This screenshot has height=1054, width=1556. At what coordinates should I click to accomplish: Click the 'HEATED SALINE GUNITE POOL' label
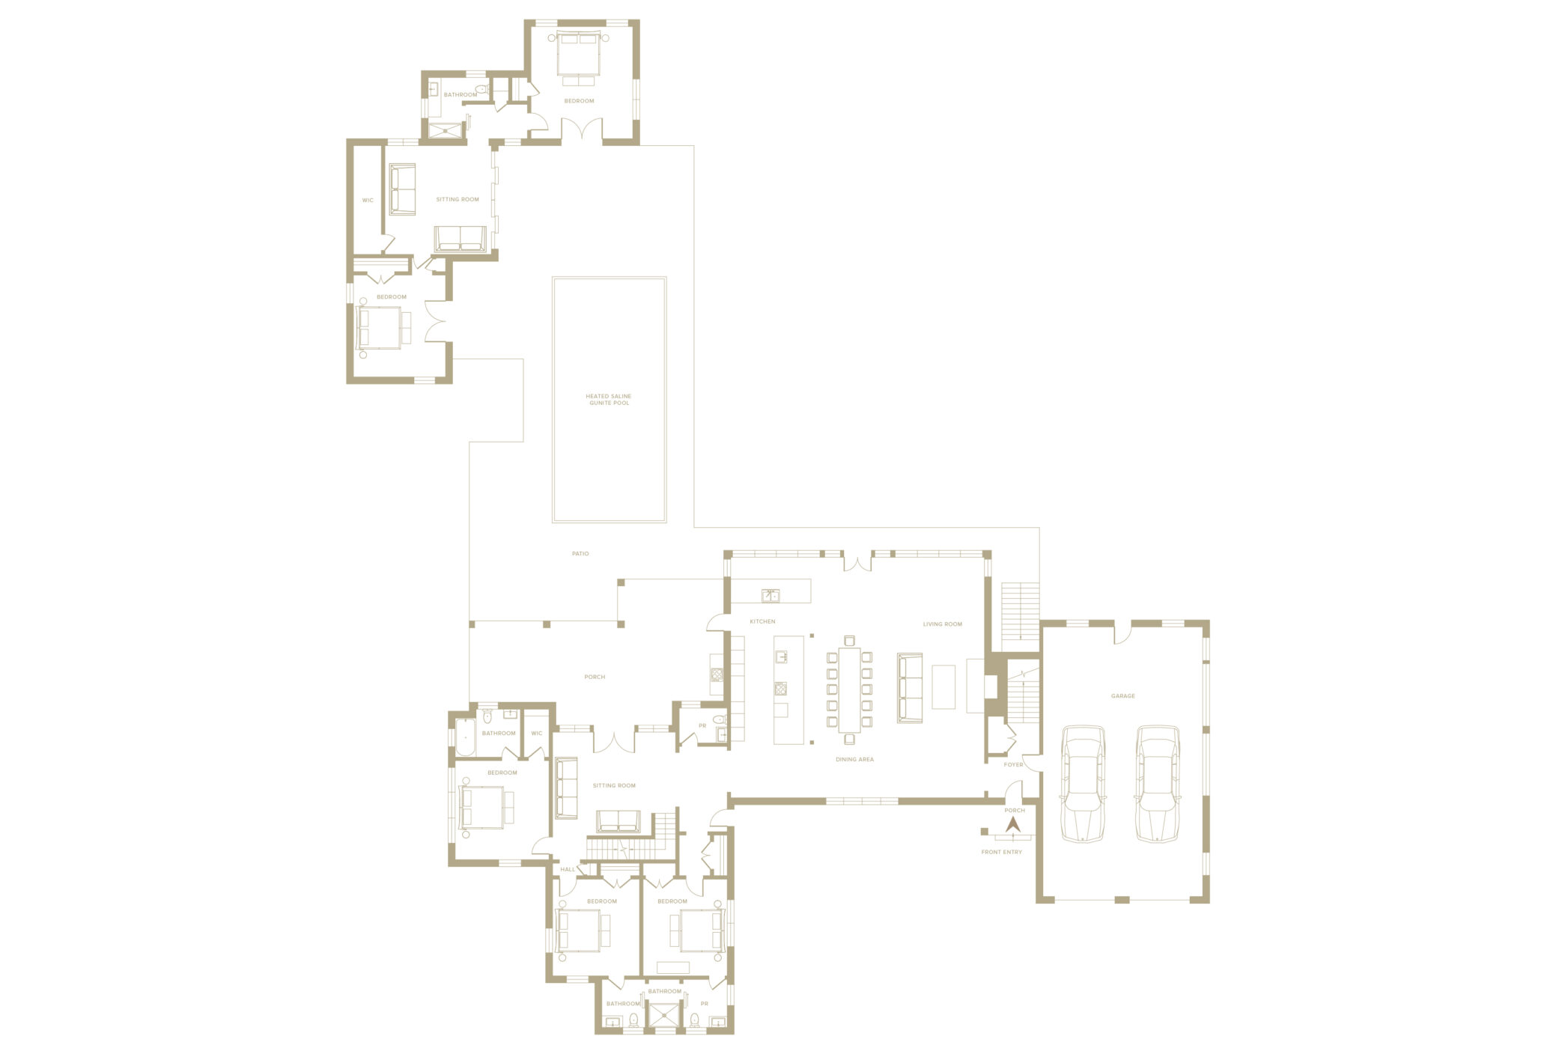609,400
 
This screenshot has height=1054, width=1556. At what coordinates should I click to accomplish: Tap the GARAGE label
1122,696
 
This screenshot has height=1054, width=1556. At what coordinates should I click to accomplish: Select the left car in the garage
1083,784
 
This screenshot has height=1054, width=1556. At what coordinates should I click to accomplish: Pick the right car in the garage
1158,784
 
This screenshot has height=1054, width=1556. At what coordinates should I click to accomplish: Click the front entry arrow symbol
1012,824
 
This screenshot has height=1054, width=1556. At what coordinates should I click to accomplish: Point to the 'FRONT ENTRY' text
1001,852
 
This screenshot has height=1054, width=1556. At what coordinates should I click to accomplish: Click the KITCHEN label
762,621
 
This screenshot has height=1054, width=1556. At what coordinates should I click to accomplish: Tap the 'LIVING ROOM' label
942,624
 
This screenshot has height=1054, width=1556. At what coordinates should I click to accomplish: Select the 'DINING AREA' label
854,759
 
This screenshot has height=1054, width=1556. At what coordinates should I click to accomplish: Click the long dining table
849,689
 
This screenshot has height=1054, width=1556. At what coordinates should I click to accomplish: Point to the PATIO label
580,554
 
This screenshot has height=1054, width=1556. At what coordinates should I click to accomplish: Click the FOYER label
1013,764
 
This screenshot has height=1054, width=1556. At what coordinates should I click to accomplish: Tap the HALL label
568,869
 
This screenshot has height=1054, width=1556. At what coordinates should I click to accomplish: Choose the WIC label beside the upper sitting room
368,201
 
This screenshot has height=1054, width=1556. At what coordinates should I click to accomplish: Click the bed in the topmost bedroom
578,54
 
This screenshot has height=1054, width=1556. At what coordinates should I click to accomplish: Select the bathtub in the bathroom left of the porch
465,737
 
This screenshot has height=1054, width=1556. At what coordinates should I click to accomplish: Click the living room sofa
909,688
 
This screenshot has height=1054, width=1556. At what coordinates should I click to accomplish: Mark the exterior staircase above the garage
1021,611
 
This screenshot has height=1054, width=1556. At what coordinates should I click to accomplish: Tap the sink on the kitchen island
781,657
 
